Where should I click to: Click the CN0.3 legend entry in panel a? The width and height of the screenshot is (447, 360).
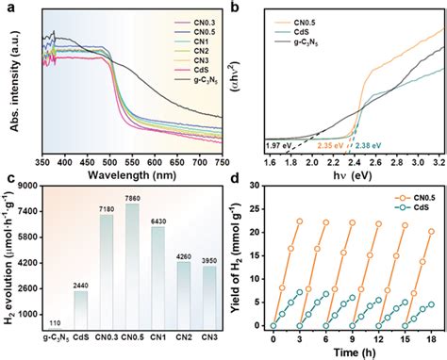(192, 19)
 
